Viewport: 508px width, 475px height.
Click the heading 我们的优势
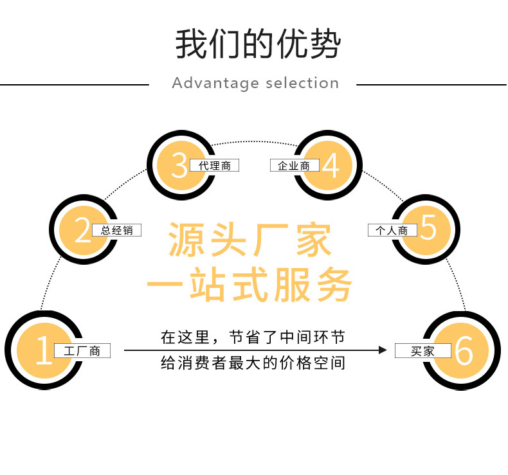tap(257, 44)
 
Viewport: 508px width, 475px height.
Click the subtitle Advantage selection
tap(255, 84)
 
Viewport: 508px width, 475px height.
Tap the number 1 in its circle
tap(43, 350)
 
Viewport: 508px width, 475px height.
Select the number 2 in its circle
tap(83, 230)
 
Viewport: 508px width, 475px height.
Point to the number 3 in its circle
tap(179, 165)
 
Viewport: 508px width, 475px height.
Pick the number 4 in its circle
tap(331, 165)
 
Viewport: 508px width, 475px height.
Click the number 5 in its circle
tap(428, 229)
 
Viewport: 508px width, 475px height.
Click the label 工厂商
tap(82, 351)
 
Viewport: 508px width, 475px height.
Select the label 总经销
tap(116, 230)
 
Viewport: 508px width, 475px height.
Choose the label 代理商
tap(214, 166)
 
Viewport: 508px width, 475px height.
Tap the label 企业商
tap(294, 166)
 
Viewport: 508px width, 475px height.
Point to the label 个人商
tap(392, 230)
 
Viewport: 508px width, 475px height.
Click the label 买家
tap(423, 351)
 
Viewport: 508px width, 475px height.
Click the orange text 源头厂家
tap(250, 241)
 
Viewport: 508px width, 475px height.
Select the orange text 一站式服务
tap(250, 285)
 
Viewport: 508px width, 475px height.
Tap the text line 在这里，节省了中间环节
tap(253, 337)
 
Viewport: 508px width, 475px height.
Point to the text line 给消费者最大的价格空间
tap(253, 363)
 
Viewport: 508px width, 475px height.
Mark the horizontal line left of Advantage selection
tap(74, 84)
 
